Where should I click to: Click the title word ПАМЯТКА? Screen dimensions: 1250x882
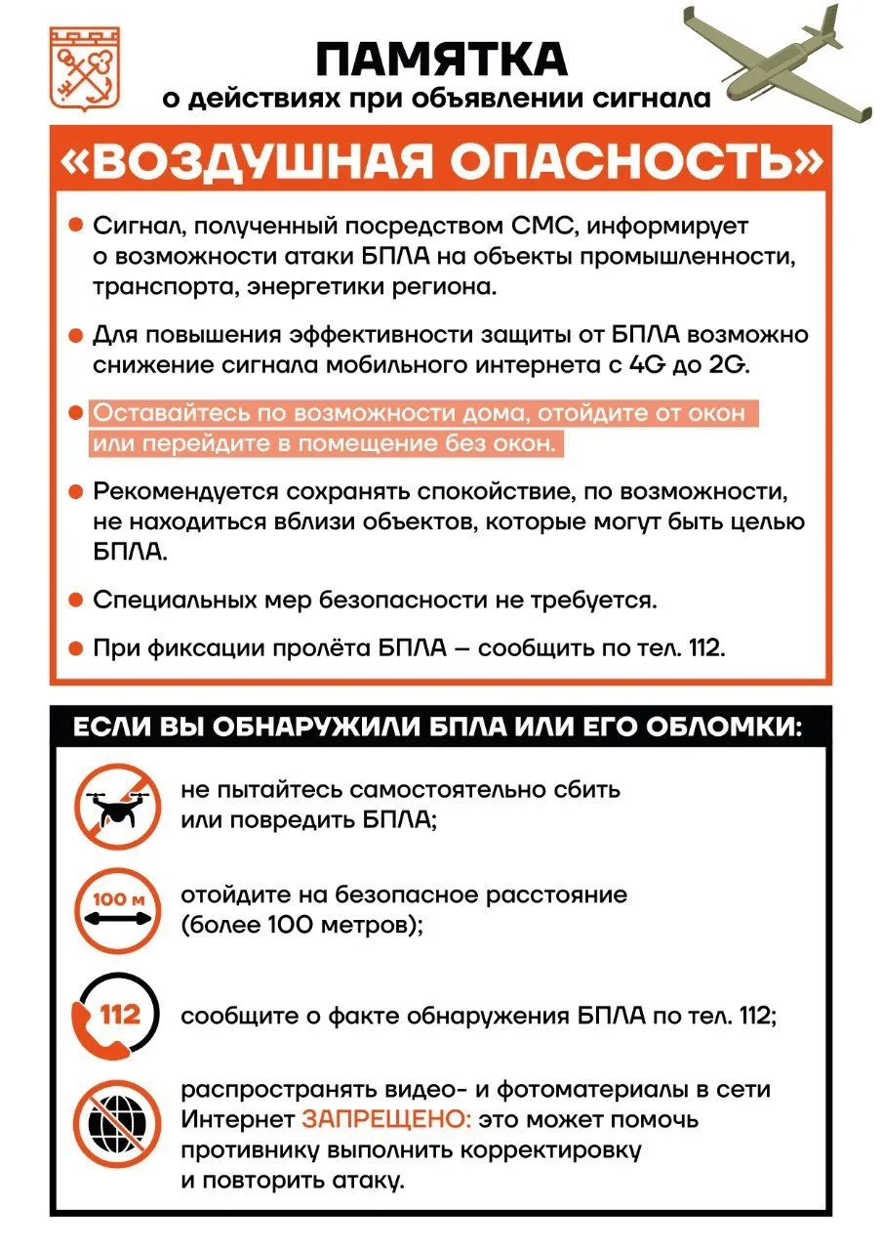441,60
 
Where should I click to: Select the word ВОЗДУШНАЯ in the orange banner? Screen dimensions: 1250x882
262,164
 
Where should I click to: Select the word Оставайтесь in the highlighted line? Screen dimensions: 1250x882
155,413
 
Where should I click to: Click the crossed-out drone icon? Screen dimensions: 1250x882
117,804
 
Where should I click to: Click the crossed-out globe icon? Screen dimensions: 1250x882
117,1123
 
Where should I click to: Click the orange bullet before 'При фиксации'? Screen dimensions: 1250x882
74,647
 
